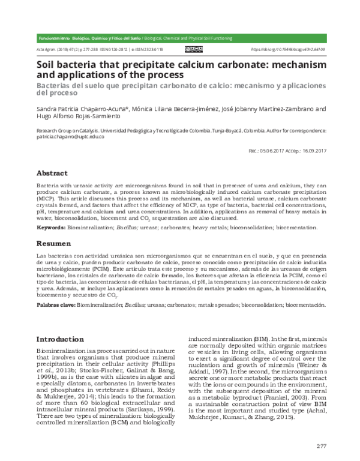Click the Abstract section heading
pyautogui.click(x=53, y=172)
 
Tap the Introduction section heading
pyautogui.click(x=60, y=339)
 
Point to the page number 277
pyautogui.click(x=322, y=445)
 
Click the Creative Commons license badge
pyautogui.click(x=193, y=50)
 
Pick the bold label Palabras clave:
pyautogui.click(x=55, y=305)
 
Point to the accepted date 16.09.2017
pyautogui.click(x=312, y=152)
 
